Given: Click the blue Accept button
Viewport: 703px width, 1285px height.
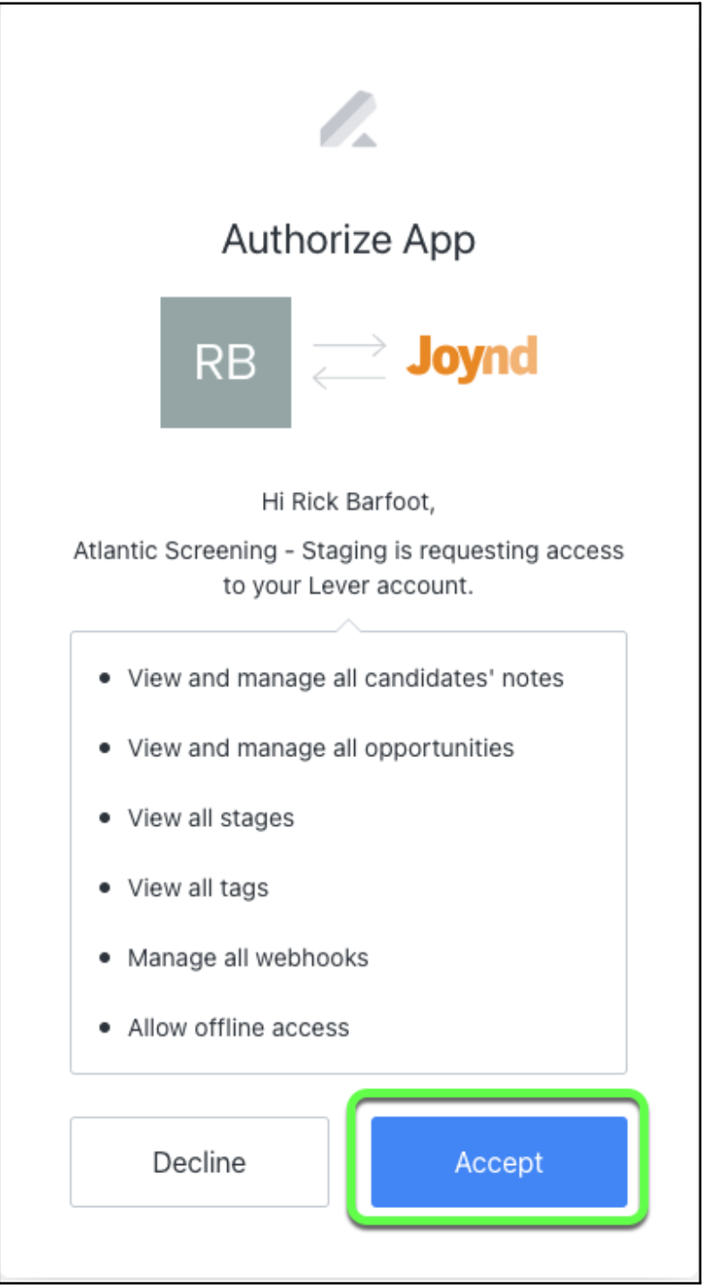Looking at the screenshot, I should coord(498,1162).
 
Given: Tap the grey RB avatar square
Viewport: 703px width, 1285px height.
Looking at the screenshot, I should coord(225,362).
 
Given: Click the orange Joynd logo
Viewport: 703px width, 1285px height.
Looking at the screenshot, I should coord(471,359).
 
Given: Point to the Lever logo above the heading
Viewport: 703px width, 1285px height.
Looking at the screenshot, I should coord(349,118).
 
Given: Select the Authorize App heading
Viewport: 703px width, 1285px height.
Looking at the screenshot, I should coord(349,240).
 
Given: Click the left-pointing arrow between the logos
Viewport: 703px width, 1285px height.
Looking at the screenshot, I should coord(349,379).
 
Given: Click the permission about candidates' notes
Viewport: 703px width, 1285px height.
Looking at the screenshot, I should coord(345,677).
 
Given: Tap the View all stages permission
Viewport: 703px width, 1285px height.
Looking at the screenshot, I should coord(210,817).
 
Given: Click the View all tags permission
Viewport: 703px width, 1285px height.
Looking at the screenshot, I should coord(198,887).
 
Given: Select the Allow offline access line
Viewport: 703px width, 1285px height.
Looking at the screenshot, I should coord(238,1026).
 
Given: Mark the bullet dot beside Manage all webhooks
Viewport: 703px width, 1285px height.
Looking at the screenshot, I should coord(106,957).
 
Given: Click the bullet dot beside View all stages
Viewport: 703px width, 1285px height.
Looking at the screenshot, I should coord(106,817).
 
